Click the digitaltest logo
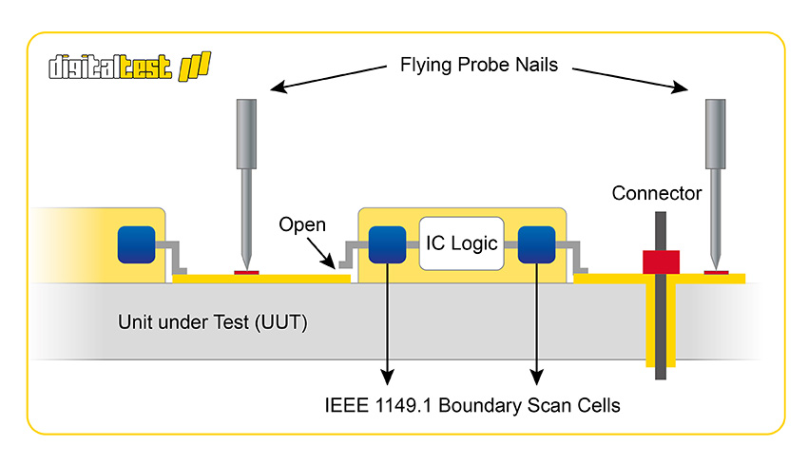pyautogui.click(x=130, y=67)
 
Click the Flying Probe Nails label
pyautogui.click(x=479, y=65)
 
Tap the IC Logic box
pyautogui.click(x=462, y=243)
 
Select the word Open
pyautogui.click(x=302, y=224)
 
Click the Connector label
pyautogui.click(x=657, y=193)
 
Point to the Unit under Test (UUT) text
pyautogui.click(x=212, y=322)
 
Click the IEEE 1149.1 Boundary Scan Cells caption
pyautogui.click(x=472, y=405)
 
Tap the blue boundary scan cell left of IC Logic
pyautogui.click(x=387, y=244)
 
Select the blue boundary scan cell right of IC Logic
pyautogui.click(x=536, y=244)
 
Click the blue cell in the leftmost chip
pyautogui.click(x=137, y=244)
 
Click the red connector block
pyautogui.click(x=662, y=262)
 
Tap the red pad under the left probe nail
pyautogui.click(x=246, y=273)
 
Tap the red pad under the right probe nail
pyautogui.click(x=717, y=273)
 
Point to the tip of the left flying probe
pyautogui.click(x=246, y=268)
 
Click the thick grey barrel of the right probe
pyautogui.click(x=715, y=134)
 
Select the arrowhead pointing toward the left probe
pyautogui.click(x=279, y=87)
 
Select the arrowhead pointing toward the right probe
pyautogui.click(x=680, y=87)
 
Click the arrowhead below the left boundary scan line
pyautogui.click(x=387, y=377)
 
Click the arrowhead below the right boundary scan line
pyautogui.click(x=536, y=377)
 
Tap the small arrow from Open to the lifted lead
pyautogui.click(x=321, y=254)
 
